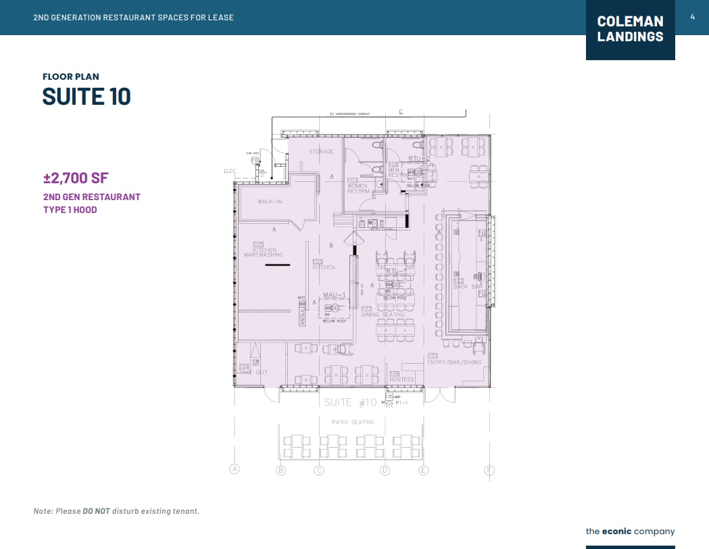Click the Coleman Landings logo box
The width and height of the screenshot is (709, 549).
630,30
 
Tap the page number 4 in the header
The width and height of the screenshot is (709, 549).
692,17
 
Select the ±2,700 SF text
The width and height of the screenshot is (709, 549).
76,178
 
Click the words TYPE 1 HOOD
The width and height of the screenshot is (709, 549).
70,210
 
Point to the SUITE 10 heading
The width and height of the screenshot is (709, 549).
87,97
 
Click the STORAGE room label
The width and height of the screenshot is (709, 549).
321,151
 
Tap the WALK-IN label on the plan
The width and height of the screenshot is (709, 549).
270,201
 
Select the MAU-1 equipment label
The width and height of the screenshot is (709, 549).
334,295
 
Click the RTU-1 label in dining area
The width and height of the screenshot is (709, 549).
396,270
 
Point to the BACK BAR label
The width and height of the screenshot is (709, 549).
467,287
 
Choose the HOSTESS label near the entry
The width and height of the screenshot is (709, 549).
401,379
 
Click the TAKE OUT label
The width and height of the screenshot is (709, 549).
253,372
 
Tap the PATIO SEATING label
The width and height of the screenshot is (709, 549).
353,422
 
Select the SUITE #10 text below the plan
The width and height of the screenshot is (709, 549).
350,402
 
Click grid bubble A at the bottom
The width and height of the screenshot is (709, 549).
235,469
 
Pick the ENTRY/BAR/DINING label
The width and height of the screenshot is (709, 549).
454,362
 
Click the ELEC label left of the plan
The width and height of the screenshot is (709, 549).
228,171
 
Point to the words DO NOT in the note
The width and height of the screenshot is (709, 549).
96,511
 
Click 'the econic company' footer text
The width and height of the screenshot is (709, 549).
630,531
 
